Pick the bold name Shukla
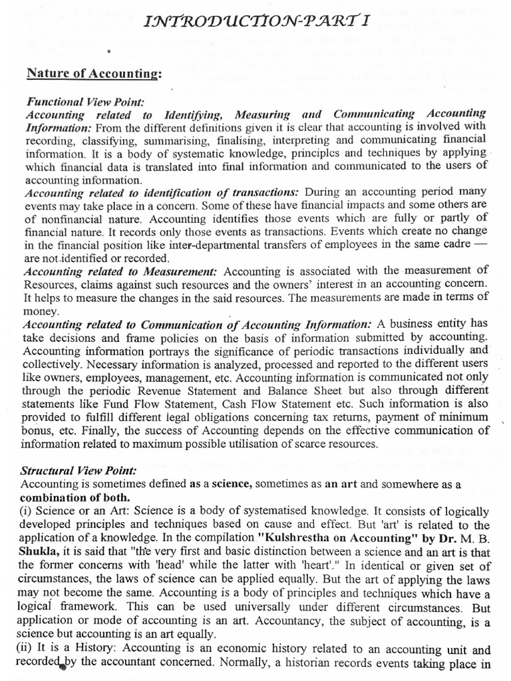pyautogui.click(x=45, y=561)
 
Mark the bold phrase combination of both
pyautogui.click(x=75, y=497)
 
